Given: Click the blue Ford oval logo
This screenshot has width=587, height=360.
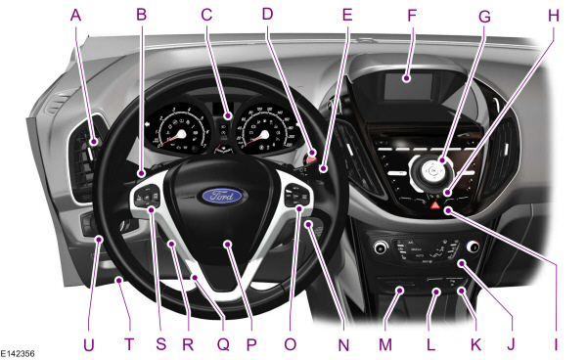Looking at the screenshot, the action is click(x=227, y=196).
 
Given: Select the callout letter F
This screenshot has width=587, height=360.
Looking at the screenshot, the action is click(x=412, y=16).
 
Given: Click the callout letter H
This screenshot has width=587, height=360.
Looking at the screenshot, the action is click(x=555, y=16).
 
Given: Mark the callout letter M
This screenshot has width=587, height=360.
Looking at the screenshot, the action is click(x=385, y=343).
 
